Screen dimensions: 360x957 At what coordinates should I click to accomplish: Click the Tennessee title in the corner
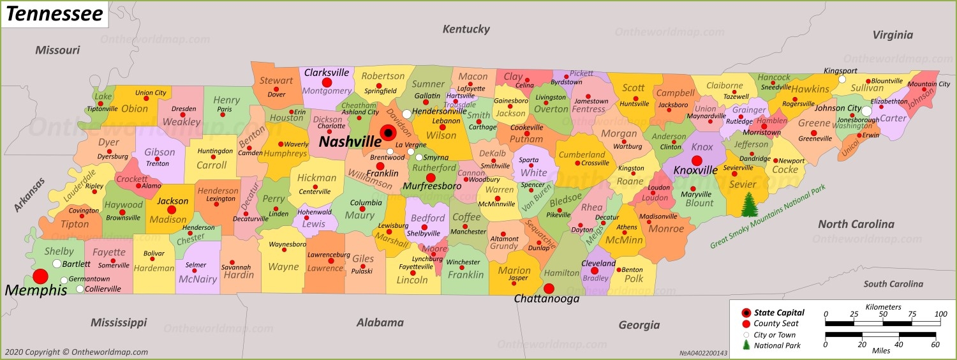(54, 14)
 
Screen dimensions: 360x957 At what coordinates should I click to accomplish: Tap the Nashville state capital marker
(387, 133)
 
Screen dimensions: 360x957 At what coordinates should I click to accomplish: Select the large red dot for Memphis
(40, 276)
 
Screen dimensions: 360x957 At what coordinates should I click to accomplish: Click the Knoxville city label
(696, 170)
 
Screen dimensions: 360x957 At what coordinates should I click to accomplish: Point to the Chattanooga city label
(547, 299)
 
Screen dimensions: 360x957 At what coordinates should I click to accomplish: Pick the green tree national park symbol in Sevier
(748, 205)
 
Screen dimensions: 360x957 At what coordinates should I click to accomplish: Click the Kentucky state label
(466, 29)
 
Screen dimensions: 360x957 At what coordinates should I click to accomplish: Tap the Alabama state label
(380, 322)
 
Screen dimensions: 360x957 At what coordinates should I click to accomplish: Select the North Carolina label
(856, 224)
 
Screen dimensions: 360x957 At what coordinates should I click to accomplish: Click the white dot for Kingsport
(842, 80)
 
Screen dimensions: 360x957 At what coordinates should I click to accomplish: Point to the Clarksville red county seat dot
(327, 82)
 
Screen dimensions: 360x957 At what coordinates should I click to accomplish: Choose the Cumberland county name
(582, 154)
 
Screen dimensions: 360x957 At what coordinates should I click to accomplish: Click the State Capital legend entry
(779, 313)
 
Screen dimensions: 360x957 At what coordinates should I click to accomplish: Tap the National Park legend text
(777, 345)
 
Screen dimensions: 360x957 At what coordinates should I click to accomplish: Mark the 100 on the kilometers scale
(940, 314)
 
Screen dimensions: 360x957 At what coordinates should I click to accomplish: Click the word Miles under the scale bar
(880, 350)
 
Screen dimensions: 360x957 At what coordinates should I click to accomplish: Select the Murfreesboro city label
(432, 186)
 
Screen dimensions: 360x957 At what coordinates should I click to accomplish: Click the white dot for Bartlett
(57, 264)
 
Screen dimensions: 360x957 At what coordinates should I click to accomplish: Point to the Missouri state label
(57, 50)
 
